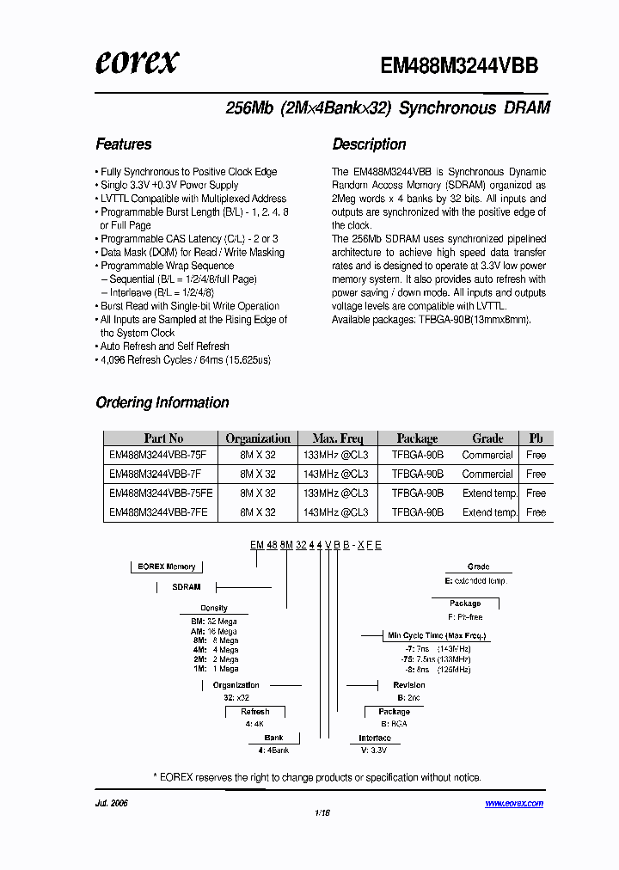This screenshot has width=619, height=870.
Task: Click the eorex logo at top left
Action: (x=137, y=62)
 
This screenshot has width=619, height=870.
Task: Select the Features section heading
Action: (x=123, y=144)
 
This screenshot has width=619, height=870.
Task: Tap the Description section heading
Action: (x=369, y=144)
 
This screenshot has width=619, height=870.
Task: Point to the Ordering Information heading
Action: (x=162, y=402)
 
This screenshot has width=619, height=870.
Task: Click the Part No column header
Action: (x=163, y=438)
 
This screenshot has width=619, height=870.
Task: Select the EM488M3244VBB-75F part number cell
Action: (x=154, y=455)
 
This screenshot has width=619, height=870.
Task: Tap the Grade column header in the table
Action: (x=487, y=438)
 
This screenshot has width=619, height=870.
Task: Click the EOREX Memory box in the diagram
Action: (x=167, y=567)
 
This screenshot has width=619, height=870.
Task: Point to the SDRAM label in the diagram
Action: (x=186, y=587)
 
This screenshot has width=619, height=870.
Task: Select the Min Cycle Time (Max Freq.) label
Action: (x=436, y=635)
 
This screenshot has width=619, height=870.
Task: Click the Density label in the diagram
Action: (x=214, y=608)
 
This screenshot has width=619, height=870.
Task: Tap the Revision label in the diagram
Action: (x=408, y=685)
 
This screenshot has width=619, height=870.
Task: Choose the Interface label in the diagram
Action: (x=375, y=738)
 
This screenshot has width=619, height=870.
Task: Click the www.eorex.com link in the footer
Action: (x=514, y=803)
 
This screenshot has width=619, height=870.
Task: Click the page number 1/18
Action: (x=322, y=812)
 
